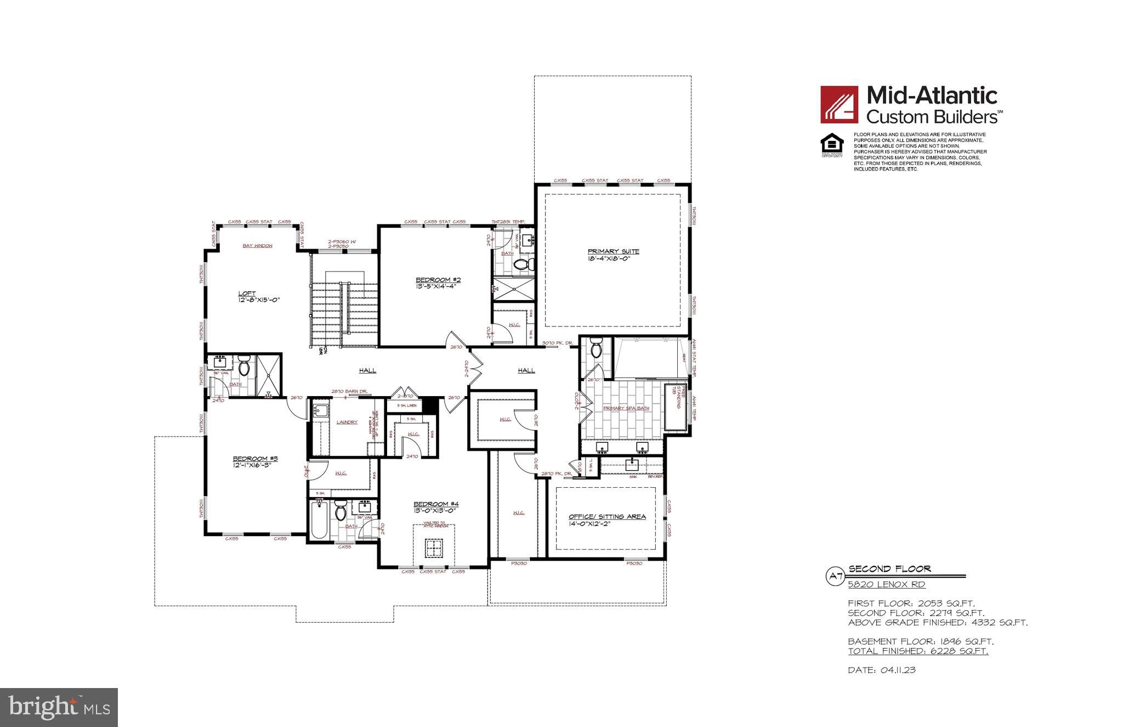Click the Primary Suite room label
(x=613, y=252)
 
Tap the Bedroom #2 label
(x=434, y=280)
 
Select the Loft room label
(x=247, y=293)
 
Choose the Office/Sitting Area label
(x=606, y=516)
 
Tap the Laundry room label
(x=347, y=422)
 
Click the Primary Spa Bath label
(x=626, y=408)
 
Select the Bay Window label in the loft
(x=258, y=246)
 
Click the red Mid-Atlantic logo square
(x=839, y=104)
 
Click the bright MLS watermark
(x=59, y=707)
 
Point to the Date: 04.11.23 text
(x=882, y=670)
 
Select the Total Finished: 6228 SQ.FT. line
(x=918, y=651)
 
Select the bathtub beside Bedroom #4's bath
(x=318, y=521)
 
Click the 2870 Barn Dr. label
(x=349, y=391)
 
